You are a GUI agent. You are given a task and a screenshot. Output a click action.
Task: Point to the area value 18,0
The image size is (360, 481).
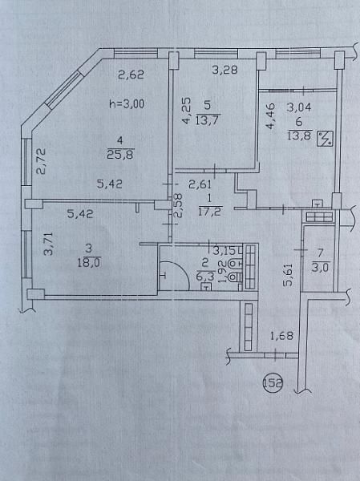(86, 261)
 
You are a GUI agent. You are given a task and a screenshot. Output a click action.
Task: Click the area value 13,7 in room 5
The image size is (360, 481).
(208, 117)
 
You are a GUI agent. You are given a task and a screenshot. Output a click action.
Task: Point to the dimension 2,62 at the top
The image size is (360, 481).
(131, 76)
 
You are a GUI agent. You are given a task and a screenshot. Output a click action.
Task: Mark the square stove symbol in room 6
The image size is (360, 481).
(326, 139)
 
